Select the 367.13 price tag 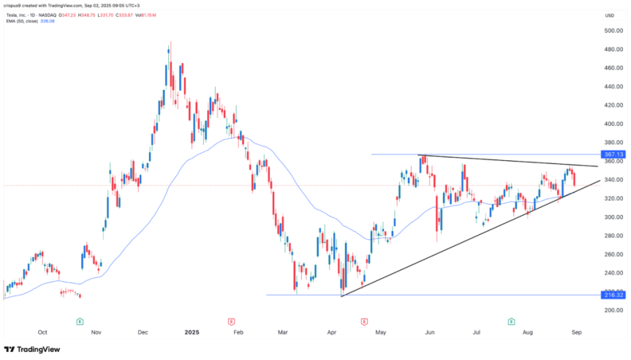click(613, 154)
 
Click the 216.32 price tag click(613, 296)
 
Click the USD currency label click(608, 15)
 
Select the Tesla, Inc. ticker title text click(22, 14)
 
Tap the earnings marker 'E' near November click(80, 321)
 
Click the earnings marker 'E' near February click(230, 321)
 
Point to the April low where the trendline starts click(341, 295)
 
